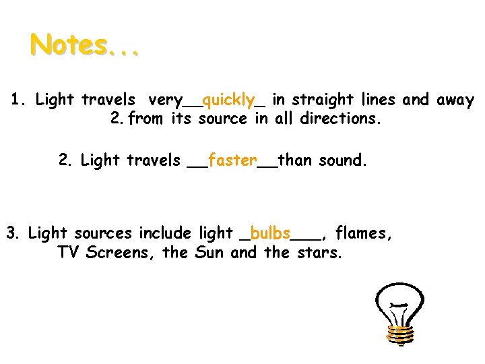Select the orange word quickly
tap(228, 101)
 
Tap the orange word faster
tap(232, 160)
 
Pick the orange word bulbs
tap(270, 233)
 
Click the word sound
tap(343, 160)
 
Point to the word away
tap(455, 101)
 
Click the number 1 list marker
tap(18, 100)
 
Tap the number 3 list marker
tap(13, 233)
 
